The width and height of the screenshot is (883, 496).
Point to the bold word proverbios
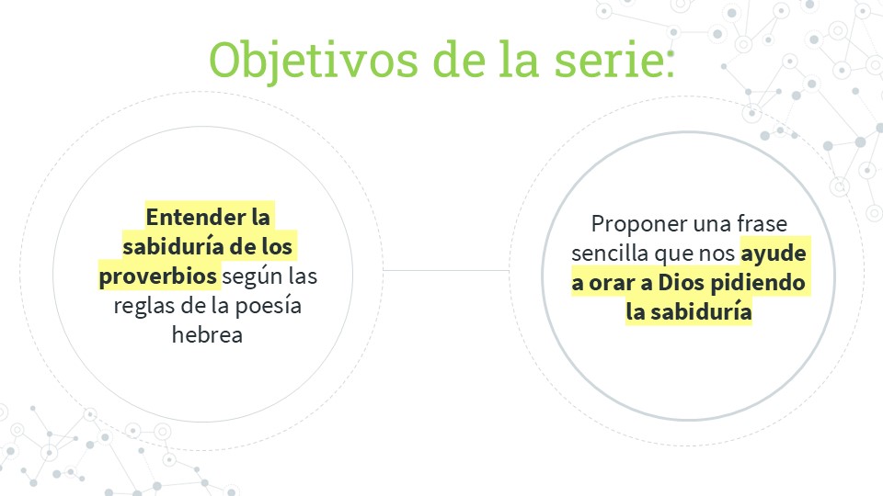click(x=157, y=276)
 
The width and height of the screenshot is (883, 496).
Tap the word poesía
click(x=268, y=306)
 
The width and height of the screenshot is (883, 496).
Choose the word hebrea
click(x=207, y=335)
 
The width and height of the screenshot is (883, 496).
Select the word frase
click(x=762, y=224)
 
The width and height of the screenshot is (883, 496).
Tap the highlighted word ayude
click(x=774, y=254)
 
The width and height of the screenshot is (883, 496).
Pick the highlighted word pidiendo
click(x=758, y=283)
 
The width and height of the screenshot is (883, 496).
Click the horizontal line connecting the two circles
click(x=447, y=270)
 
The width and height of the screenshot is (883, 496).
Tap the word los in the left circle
click(x=277, y=247)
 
